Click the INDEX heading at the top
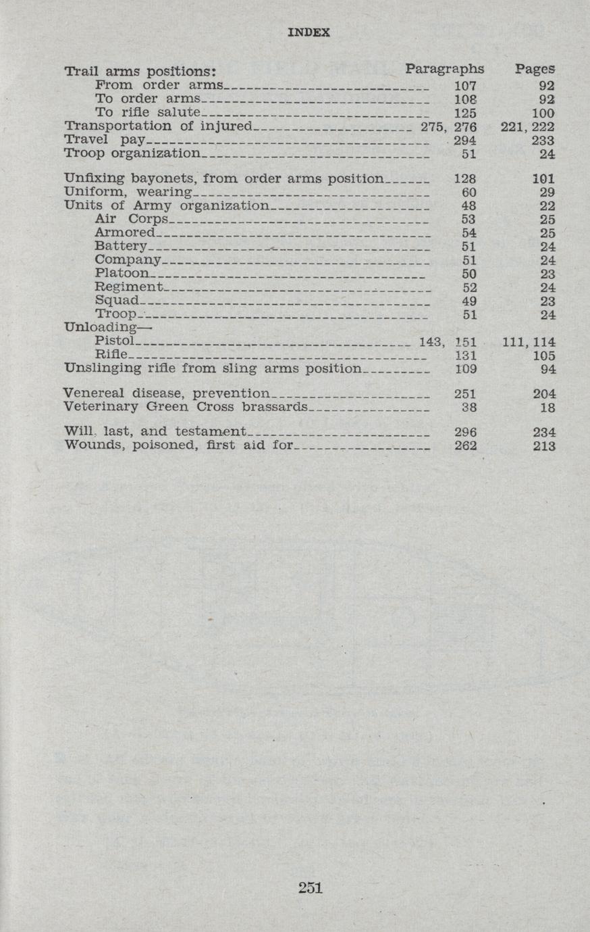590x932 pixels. click(x=309, y=32)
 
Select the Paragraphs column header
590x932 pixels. click(x=445, y=68)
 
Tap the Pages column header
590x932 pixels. click(x=535, y=68)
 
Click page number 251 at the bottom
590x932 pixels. click(x=310, y=887)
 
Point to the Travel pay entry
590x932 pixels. click(x=105, y=140)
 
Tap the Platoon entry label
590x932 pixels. click(x=122, y=274)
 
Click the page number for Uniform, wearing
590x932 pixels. click(x=547, y=193)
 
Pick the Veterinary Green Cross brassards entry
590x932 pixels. click(x=185, y=407)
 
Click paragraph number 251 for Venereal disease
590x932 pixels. click(x=465, y=394)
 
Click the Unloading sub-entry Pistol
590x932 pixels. click(x=114, y=341)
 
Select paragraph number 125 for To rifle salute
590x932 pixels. click(x=465, y=113)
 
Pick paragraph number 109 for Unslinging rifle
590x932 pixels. click(x=465, y=369)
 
